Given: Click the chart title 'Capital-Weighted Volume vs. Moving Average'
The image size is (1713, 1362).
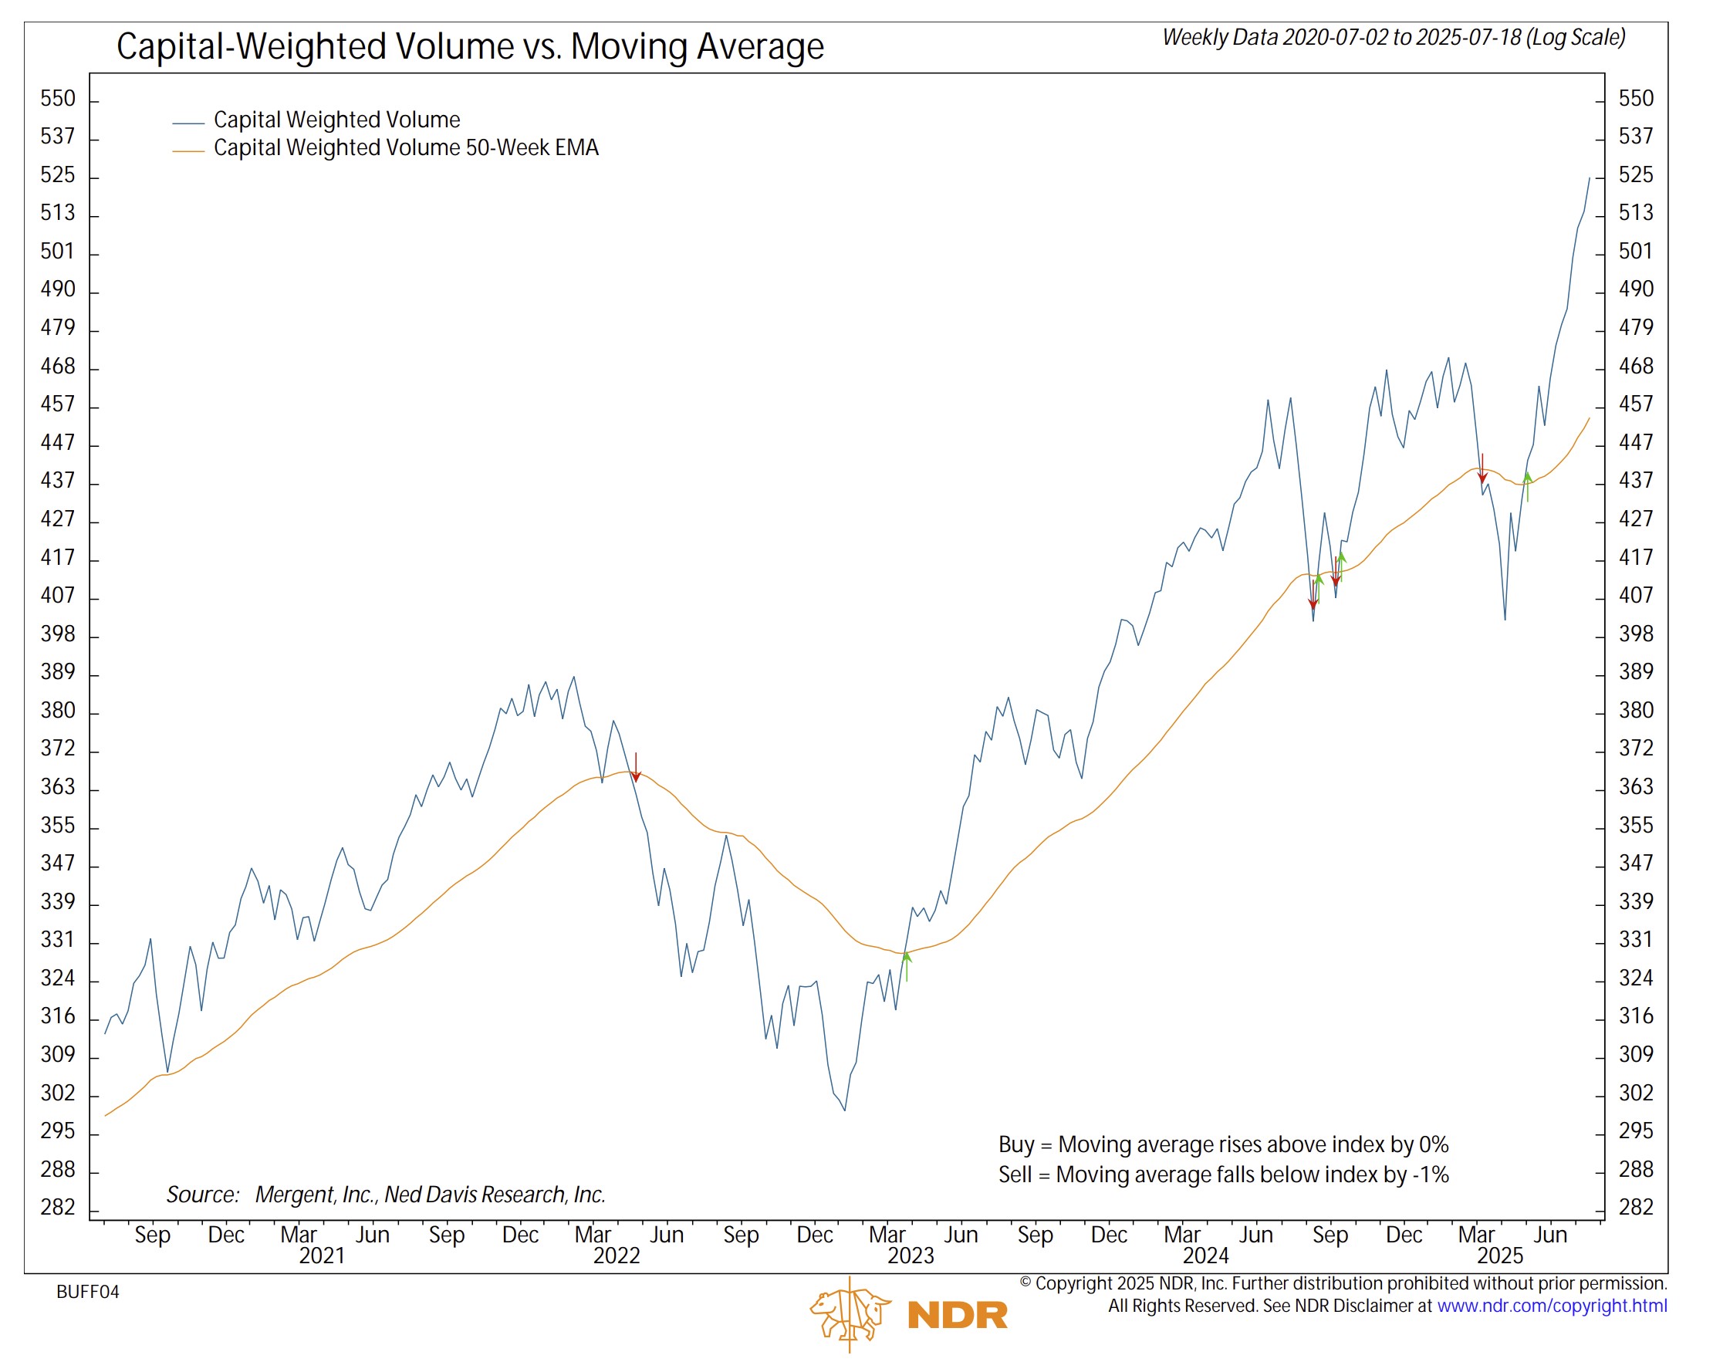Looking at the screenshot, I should point(470,46).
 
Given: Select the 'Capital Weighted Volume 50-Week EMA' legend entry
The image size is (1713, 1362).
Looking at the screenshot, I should point(405,148).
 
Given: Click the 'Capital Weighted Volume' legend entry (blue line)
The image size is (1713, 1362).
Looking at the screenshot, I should point(336,120).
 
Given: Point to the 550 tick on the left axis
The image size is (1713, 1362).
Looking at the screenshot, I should point(58,99).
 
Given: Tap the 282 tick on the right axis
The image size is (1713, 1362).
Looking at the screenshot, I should point(1636,1207).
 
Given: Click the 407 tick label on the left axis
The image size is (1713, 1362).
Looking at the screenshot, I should point(58,595).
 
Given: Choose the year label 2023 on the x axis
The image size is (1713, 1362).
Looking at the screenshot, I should point(910,1256).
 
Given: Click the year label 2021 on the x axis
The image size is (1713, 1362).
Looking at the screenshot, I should point(322,1256).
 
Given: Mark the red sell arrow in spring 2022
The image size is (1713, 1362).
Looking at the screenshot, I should point(636,768).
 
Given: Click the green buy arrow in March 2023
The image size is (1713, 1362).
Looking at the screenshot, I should point(907,966).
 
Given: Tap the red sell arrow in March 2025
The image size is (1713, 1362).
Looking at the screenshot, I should point(1482,469).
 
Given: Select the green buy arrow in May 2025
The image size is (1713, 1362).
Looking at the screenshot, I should point(1527,486).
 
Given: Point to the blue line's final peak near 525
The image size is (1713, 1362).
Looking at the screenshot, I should point(1590,179).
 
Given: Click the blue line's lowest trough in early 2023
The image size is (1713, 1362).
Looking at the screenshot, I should point(845,1110).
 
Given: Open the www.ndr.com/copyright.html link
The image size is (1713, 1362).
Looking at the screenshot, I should point(1551,1306).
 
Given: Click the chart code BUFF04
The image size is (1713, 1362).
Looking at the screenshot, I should point(87,1292).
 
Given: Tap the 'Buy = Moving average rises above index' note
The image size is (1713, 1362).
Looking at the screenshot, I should point(1223,1144).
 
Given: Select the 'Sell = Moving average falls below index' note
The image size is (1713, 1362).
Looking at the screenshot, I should point(1223,1174).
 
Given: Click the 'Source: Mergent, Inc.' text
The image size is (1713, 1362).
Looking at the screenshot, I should point(385,1195).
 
